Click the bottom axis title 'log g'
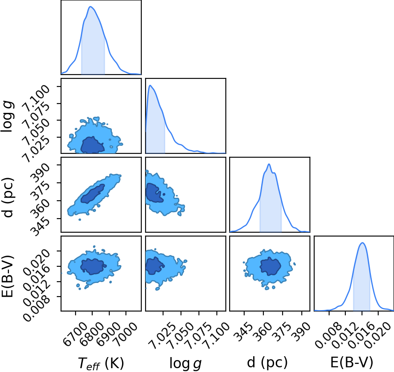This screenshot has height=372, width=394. [185, 363]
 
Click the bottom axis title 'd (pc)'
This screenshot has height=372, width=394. [267, 363]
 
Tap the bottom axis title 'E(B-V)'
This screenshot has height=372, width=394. [352, 363]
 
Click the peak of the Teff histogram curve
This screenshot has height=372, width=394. [91, 6]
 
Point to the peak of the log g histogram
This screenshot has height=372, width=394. [150, 86]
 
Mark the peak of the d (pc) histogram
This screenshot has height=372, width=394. [269, 164]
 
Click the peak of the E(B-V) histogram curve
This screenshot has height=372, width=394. [362, 242]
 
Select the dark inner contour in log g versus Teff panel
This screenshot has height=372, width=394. [92, 145]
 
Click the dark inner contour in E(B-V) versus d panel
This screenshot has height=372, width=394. [270, 266]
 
